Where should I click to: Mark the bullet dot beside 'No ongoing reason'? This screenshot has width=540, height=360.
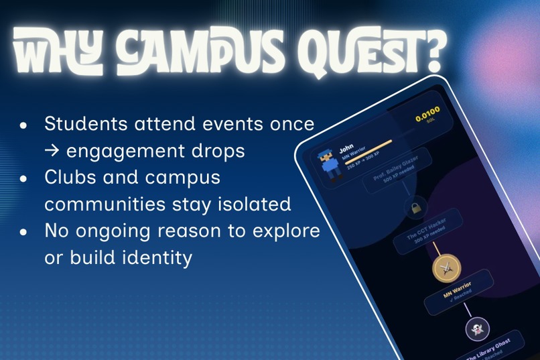[x=24, y=232]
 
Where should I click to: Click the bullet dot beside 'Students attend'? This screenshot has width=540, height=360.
[x=24, y=125]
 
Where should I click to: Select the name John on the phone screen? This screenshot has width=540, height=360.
[x=346, y=148]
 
